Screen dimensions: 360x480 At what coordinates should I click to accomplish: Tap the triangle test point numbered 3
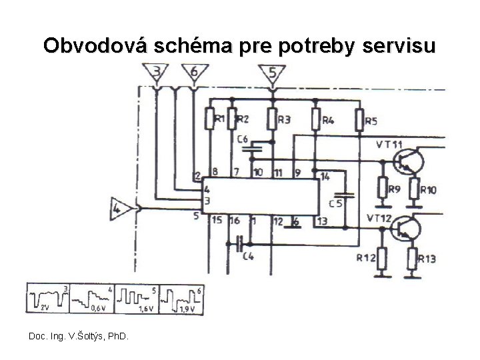(156, 73)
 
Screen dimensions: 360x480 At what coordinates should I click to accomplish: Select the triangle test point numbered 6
(193, 73)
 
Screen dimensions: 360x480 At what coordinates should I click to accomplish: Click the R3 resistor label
(284, 120)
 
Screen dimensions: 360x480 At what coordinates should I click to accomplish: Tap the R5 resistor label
(371, 121)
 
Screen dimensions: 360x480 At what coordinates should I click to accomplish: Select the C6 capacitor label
(243, 139)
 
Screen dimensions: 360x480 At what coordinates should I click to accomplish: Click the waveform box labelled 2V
(47, 299)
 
